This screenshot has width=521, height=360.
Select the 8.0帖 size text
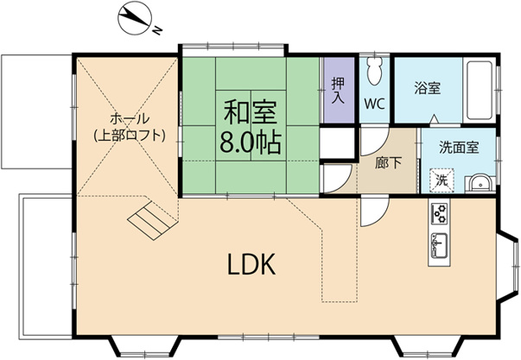click(251, 142)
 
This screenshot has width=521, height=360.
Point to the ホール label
click(130, 118)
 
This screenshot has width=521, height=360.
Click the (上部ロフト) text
click(130, 135)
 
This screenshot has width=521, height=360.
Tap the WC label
click(373, 104)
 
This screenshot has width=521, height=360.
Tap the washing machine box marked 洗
click(441, 181)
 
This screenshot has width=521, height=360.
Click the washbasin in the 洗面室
click(478, 182)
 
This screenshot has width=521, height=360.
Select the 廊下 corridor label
click(387, 161)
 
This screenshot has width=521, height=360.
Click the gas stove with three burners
click(438, 212)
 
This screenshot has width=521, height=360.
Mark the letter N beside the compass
click(159, 32)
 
